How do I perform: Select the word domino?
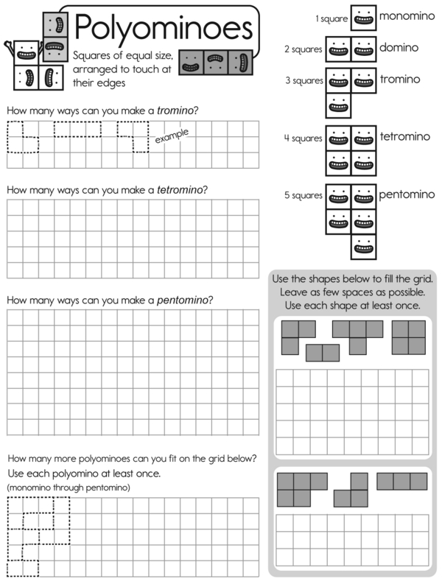399,48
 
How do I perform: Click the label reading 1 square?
331,18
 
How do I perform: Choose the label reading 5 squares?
304,196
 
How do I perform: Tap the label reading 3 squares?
304,80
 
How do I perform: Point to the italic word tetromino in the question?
180,190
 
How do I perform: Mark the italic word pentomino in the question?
183,300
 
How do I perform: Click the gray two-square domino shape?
323,353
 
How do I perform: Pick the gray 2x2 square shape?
410,337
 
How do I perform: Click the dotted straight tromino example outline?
77,130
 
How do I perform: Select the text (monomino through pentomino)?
68,488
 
